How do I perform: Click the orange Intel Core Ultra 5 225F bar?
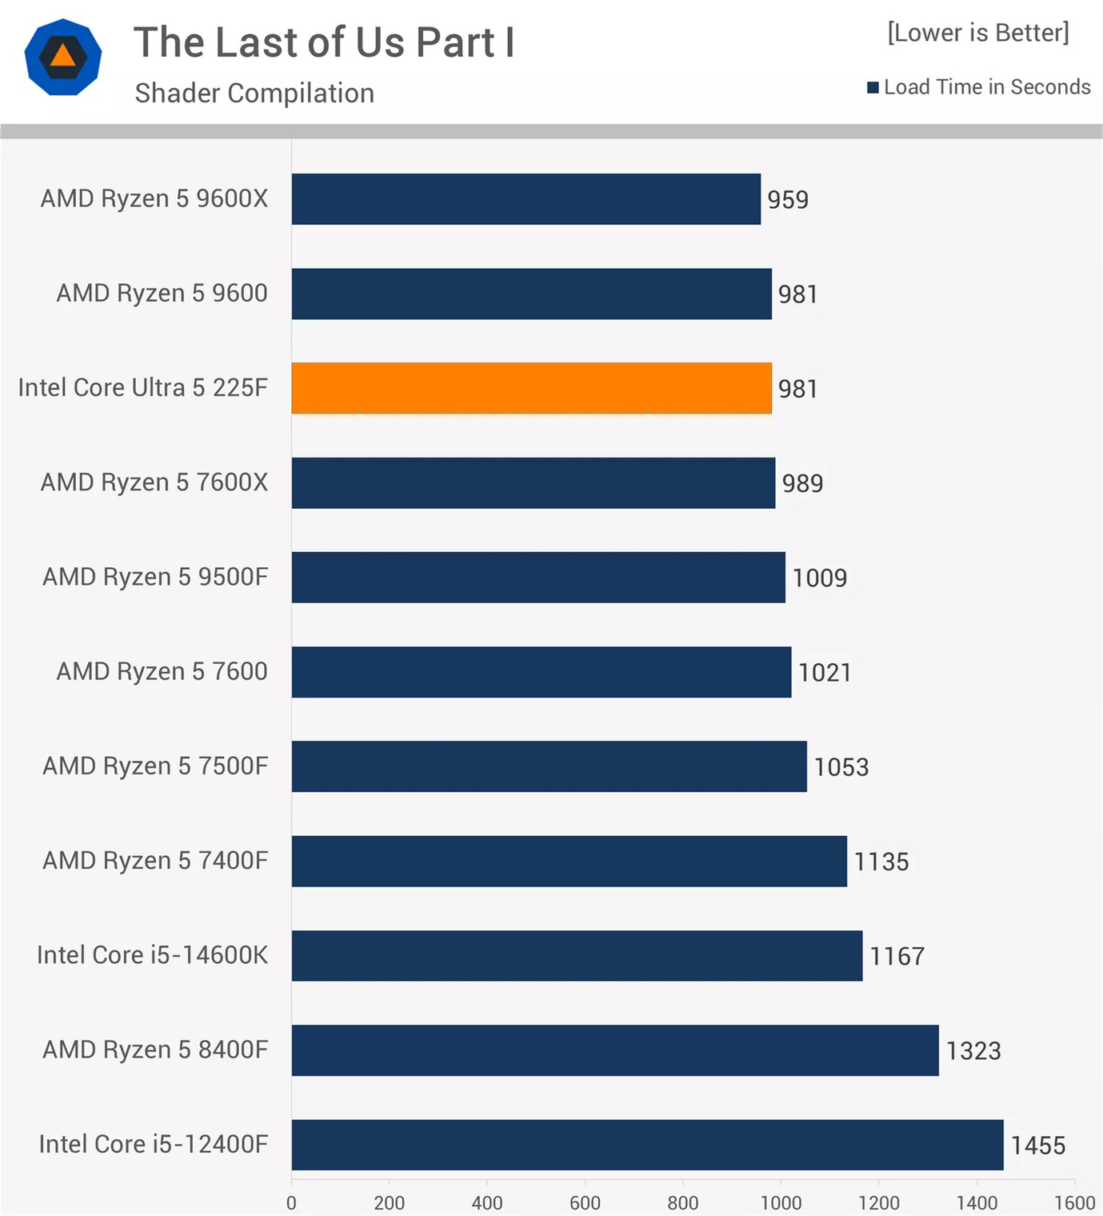point(531,388)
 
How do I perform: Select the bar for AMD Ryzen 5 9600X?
point(526,199)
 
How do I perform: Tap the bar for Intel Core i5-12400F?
point(647,1145)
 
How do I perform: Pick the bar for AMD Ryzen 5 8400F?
point(614,1050)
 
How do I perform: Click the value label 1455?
point(1037,1146)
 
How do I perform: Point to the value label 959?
point(788,200)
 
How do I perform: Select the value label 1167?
point(897,957)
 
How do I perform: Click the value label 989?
point(802,483)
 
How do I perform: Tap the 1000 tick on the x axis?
point(781,1202)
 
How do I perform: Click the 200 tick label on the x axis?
point(390,1202)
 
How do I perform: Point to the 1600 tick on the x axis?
point(1074,1202)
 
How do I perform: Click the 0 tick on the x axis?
point(291,1202)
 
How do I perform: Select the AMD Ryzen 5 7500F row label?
point(155,766)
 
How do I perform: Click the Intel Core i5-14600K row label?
point(152,955)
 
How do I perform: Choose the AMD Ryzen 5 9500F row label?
point(155,577)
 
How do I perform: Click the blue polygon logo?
point(63,58)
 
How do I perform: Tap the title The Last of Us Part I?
point(324,42)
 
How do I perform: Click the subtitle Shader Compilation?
point(254,94)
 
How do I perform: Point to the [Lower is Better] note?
point(977,33)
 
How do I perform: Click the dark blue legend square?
point(873,87)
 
